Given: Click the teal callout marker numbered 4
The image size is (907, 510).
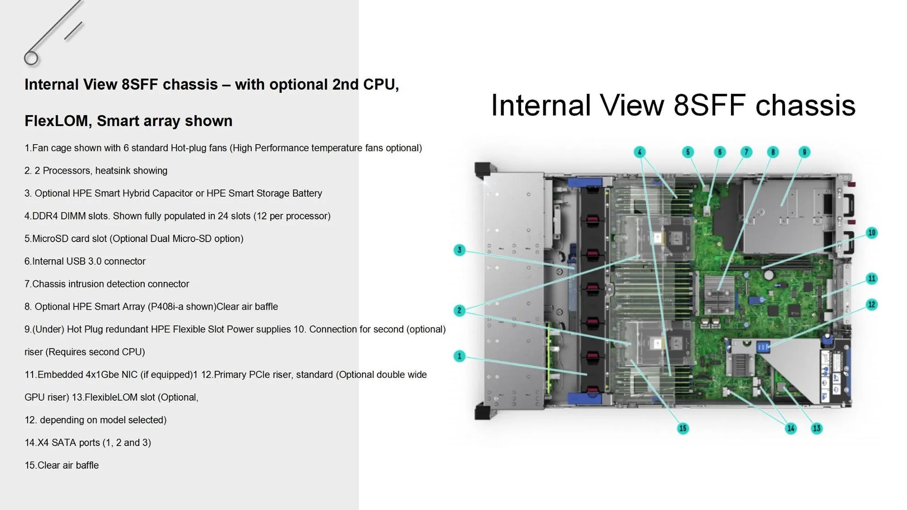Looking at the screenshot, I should tap(639, 152).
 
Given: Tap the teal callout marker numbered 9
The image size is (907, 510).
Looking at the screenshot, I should tap(804, 152).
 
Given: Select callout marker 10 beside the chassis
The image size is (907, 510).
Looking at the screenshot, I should tap(871, 233).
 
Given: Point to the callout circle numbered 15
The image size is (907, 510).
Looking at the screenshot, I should tap(683, 428).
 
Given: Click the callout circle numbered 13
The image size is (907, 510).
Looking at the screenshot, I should tap(816, 428).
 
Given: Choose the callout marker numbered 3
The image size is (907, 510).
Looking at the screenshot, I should tap(459, 250).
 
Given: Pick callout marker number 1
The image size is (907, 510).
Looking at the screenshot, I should tap(459, 356).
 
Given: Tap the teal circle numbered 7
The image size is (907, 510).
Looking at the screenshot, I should tap(746, 152).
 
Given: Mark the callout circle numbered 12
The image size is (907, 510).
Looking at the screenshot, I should tap(871, 305).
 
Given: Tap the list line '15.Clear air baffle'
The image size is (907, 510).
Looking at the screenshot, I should tap(62, 466).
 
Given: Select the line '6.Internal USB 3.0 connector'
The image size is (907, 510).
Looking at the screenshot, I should tap(85, 262).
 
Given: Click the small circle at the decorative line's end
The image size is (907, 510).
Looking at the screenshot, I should tap(31, 58).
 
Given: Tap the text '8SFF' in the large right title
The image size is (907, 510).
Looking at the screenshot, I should tap(710, 106).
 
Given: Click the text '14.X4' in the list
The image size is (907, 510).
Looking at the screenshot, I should tap(36, 443).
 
